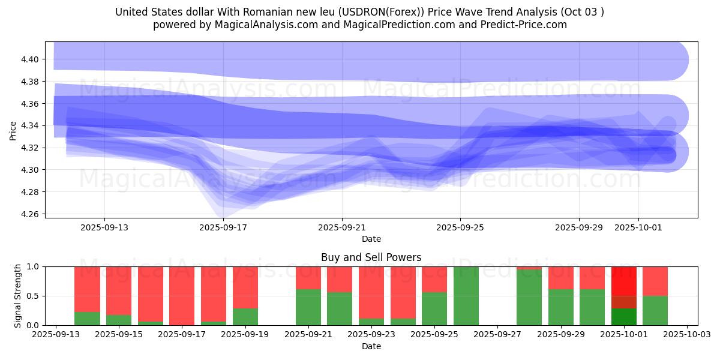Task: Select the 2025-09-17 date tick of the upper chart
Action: click(x=223, y=227)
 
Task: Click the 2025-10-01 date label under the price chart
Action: click(x=638, y=227)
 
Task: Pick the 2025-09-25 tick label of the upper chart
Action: click(x=460, y=227)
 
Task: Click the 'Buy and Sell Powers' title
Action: click(x=371, y=257)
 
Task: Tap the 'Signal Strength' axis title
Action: click(x=18, y=296)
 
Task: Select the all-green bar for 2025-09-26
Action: click(x=466, y=296)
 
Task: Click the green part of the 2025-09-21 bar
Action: click(x=308, y=307)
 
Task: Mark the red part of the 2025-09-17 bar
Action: click(x=182, y=294)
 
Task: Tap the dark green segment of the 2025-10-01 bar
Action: click(x=624, y=317)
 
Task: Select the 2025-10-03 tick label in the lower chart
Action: click(x=687, y=335)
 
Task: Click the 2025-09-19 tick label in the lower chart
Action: click(x=245, y=335)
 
